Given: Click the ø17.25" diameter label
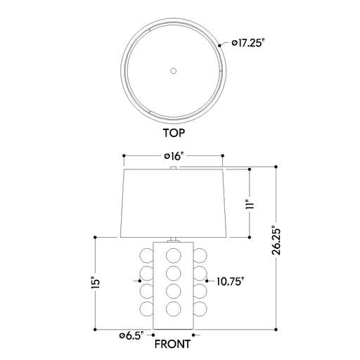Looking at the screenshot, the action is pyautogui.click(x=248, y=43).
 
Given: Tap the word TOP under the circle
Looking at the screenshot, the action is pyautogui.click(x=174, y=133).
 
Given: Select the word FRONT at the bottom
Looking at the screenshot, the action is pyautogui.click(x=172, y=344).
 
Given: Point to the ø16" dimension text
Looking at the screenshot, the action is pyautogui.click(x=174, y=156).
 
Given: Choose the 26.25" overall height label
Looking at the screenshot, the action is pyautogui.click(x=276, y=240).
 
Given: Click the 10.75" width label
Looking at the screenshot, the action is pyautogui.click(x=231, y=281).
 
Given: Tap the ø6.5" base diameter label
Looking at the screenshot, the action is pyautogui.click(x=131, y=335).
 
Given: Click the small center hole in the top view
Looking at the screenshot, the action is pyautogui.click(x=173, y=70).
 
